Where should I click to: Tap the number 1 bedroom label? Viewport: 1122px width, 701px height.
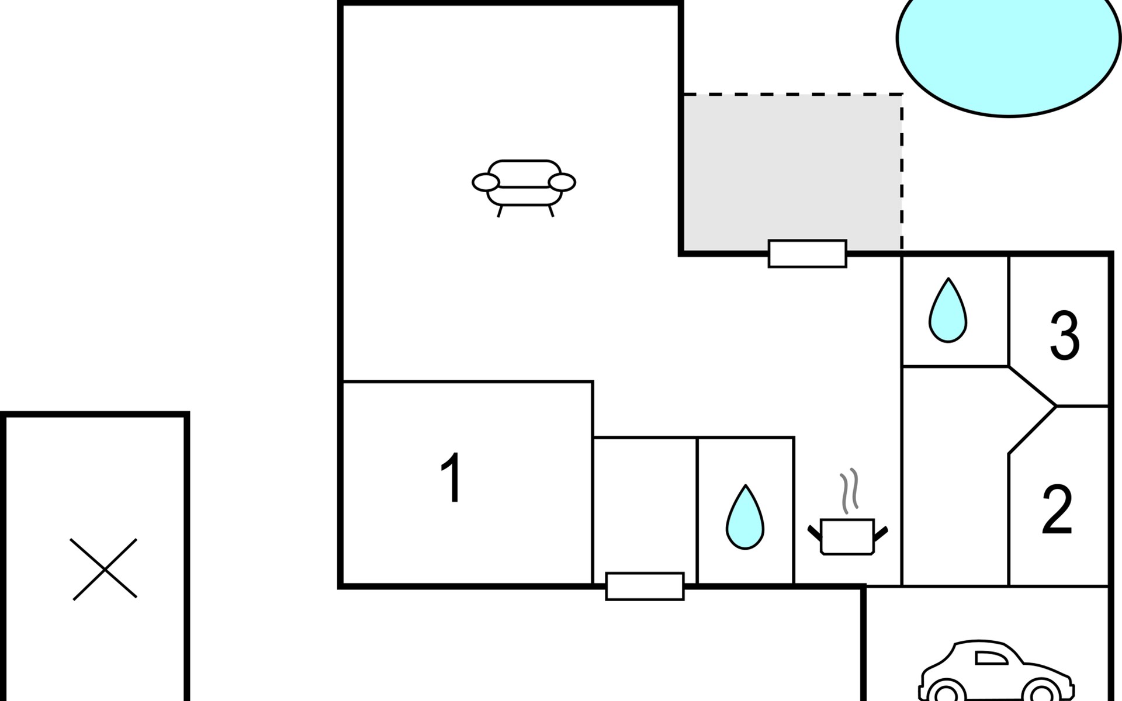(452, 477)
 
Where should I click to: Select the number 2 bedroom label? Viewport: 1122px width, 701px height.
(1057, 510)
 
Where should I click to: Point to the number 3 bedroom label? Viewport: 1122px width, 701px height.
(1065, 335)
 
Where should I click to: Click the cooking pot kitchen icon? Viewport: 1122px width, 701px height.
(847, 535)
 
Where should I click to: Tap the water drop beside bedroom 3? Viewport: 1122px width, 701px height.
(948, 311)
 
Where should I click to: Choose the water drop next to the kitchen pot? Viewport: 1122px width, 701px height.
(745, 518)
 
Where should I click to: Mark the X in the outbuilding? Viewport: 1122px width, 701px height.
(104, 569)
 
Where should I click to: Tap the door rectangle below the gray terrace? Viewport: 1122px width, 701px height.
(807, 254)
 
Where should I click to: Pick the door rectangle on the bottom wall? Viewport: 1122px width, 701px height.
(645, 586)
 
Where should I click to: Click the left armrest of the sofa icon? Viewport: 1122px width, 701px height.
(486, 182)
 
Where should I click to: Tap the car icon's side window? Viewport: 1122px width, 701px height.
(991, 658)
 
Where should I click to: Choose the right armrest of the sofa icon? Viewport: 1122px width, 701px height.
(562, 182)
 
